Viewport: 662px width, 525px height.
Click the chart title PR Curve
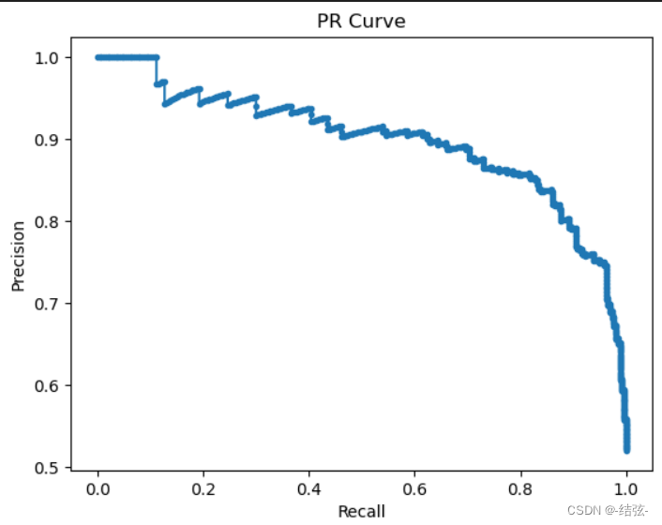pos(361,21)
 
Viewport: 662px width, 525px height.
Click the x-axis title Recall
pos(361,511)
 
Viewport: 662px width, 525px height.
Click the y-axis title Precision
pos(18,255)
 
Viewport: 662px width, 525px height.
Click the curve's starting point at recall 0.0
pos(98,57)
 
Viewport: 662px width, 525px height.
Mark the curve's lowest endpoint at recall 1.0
pos(626,451)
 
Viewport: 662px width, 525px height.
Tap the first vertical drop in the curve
pos(157,71)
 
